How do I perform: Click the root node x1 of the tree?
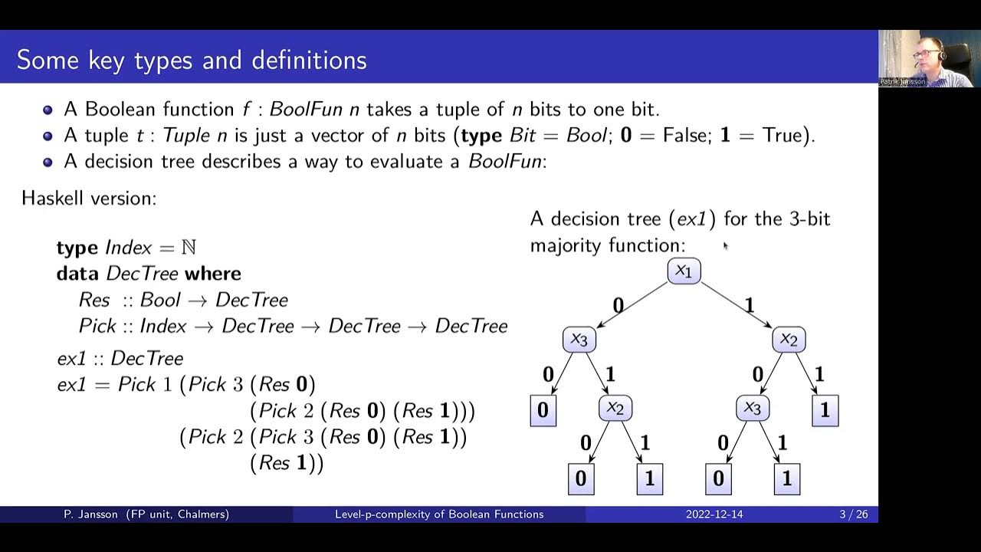[684, 271]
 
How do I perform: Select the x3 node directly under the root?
[579, 339]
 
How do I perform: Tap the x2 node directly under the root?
[788, 339]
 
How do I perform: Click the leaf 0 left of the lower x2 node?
[543, 411]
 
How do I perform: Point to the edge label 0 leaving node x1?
[618, 306]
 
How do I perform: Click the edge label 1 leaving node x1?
[749, 306]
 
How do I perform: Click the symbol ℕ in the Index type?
[189, 248]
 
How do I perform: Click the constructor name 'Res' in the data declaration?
[94, 300]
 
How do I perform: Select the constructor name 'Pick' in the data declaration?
[97, 326]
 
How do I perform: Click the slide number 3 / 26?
[853, 514]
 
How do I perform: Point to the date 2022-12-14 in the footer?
[714, 514]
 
